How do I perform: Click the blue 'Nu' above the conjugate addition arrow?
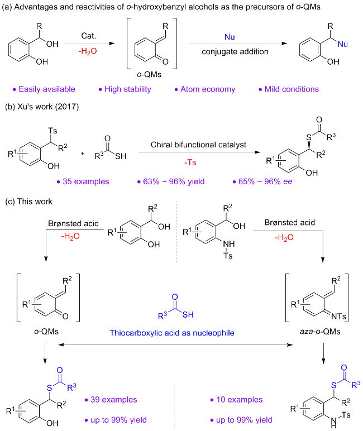(230, 37)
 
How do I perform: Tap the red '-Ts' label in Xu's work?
(190, 162)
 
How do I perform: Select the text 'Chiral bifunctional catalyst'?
(198, 145)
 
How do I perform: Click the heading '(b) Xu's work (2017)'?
(42, 107)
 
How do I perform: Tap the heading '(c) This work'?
(28, 202)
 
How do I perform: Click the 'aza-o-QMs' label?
(320, 332)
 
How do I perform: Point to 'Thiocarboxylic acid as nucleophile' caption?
(172, 333)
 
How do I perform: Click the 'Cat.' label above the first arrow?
(89, 36)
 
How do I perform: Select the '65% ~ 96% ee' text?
(262, 181)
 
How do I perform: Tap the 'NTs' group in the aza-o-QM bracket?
(339, 317)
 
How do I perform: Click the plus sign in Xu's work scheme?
(82, 154)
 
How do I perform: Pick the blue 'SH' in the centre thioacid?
(188, 314)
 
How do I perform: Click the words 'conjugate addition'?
(235, 52)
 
